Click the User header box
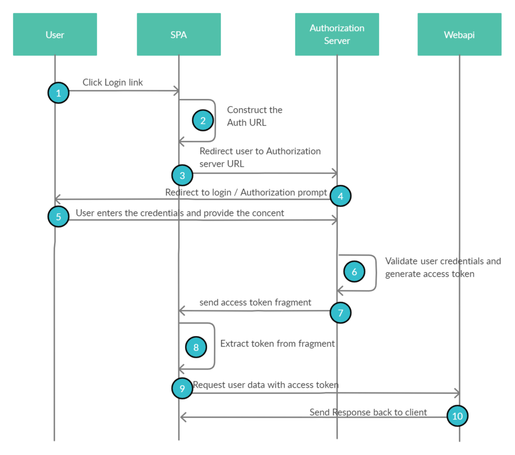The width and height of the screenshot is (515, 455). [55, 35]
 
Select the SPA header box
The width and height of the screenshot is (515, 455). [179, 35]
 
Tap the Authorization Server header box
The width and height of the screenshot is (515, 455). [337, 35]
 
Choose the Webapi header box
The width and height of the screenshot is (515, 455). [459, 35]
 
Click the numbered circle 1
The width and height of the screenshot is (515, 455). [58, 93]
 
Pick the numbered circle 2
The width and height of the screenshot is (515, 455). [203, 121]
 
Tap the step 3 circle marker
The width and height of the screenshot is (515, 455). [182, 175]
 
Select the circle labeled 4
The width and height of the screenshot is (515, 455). [340, 196]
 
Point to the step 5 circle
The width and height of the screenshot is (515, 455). [58, 217]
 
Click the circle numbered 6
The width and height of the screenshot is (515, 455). [354, 272]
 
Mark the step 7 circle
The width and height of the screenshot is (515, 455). [340, 313]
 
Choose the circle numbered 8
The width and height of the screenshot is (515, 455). [196, 347]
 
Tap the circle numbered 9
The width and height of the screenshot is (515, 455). [182, 388]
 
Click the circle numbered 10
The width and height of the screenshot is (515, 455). [457, 416]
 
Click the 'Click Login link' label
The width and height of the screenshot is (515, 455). [113, 82]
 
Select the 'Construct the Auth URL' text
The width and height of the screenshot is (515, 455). [254, 116]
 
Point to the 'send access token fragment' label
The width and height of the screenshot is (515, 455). [255, 302]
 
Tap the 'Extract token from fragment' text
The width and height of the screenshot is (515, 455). [278, 344]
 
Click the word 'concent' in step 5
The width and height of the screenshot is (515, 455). [267, 213]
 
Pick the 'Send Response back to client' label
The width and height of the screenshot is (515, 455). [368, 412]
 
